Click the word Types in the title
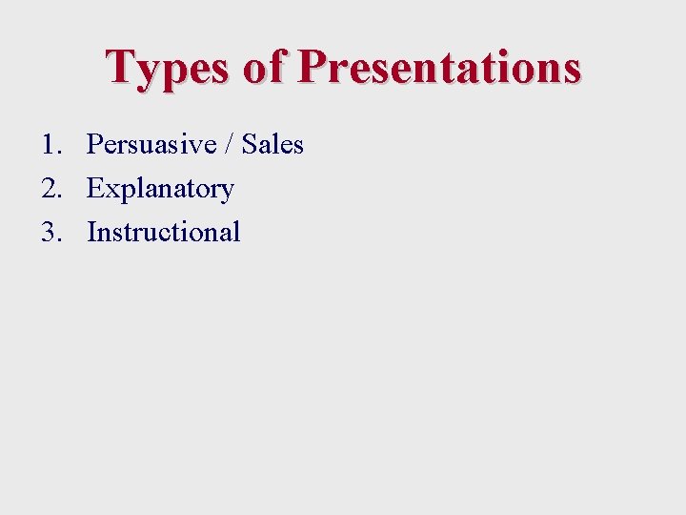168,69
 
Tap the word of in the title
263,67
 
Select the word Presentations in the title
438,67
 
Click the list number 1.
50,145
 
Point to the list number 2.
51,189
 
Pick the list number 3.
51,232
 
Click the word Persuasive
150,145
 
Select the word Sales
272,145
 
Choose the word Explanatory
160,190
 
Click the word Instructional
163,232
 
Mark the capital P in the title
314,67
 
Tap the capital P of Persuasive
95,145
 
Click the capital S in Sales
250,145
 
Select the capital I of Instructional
92,232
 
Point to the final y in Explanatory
227,193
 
